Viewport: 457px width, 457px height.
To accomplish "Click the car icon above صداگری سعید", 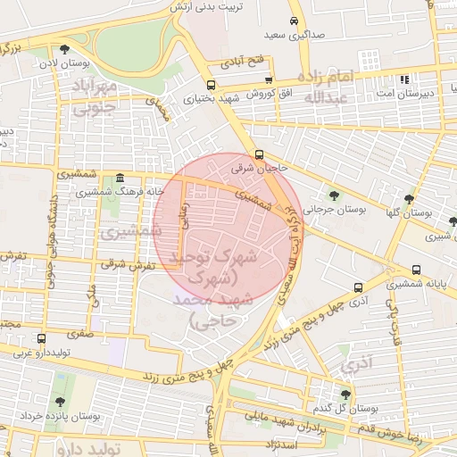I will pyautogui.click(x=294, y=21).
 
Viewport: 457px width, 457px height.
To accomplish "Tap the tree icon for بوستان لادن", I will pyautogui.click(x=63, y=50).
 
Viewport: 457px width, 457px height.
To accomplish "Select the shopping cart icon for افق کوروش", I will pyautogui.click(x=267, y=80).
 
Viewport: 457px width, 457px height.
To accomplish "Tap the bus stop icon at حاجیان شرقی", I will pyautogui.click(x=259, y=154).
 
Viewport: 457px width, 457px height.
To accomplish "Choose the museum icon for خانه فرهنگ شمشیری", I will pyautogui.click(x=120, y=179).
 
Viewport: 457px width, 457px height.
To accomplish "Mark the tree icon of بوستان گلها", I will pyautogui.click(x=409, y=200).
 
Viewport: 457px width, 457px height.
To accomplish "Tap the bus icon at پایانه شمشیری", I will pyautogui.click(x=416, y=270).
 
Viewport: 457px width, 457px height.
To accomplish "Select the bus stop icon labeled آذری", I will pyautogui.click(x=358, y=287).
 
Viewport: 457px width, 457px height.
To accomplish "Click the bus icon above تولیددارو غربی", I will pyautogui.click(x=41, y=338).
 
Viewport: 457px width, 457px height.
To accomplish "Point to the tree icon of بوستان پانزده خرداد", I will pyautogui.click(x=60, y=403).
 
